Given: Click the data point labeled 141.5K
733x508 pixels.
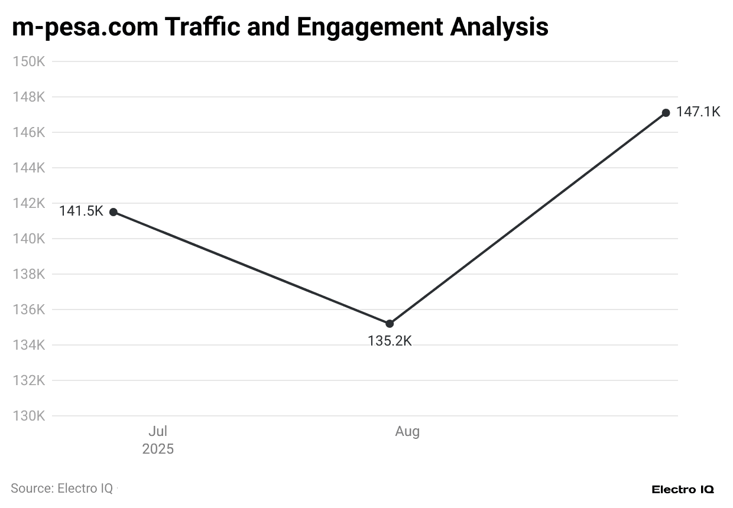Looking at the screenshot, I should coord(113,212).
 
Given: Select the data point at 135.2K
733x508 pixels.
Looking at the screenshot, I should coord(390,324).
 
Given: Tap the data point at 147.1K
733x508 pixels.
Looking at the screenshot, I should coord(666,113).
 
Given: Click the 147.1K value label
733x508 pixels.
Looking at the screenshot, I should coord(698,112).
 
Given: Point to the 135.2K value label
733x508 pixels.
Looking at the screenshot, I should coord(390,341).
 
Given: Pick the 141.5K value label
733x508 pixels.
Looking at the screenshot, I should coord(81,211).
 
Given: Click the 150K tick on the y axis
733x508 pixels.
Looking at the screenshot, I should coord(29,61).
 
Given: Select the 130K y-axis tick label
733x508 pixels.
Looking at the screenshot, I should coord(29,416).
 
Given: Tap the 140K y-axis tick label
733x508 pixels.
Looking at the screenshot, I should coord(29,239).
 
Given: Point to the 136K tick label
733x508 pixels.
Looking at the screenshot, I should coord(29,310).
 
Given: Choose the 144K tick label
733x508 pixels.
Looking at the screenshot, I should coord(29,168).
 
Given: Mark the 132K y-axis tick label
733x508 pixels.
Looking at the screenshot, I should coord(29,380).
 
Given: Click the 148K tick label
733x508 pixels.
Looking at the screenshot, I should coord(29,97).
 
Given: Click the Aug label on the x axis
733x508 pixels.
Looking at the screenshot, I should coord(407,432).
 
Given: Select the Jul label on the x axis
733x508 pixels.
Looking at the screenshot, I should coord(158,432).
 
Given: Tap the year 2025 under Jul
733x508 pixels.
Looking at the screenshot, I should coord(158,450).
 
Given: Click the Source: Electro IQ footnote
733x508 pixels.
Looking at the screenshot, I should coord(61,489).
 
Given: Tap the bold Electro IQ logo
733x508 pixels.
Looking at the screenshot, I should coord(683,490).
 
